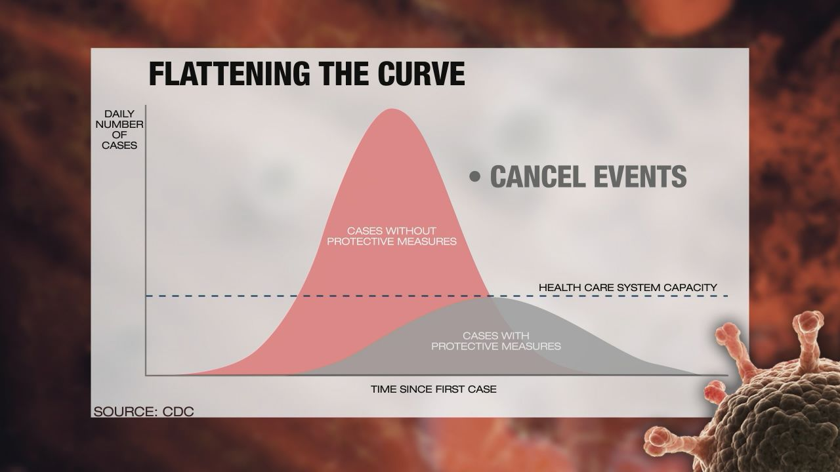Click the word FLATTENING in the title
click(x=230, y=73)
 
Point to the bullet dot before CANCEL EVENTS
click(x=474, y=176)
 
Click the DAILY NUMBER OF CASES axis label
click(x=119, y=129)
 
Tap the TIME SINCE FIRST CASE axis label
click(x=434, y=389)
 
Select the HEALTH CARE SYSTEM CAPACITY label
click(x=628, y=287)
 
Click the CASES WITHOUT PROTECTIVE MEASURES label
click(x=392, y=235)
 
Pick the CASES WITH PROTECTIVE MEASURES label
click(x=495, y=340)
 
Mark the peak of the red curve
click(x=392, y=109)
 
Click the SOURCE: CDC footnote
click(x=144, y=412)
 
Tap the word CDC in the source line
click(x=178, y=412)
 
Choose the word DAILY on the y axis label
click(x=119, y=113)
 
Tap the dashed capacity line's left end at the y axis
click(x=146, y=296)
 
